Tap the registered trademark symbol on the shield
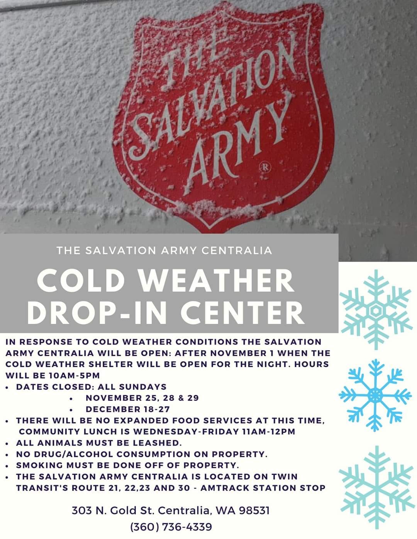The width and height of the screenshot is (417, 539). pyautogui.click(x=265, y=167)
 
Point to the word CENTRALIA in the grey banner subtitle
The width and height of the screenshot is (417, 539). pyautogui.click(x=237, y=251)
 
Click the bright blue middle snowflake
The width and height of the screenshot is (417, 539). pyautogui.click(x=375, y=396)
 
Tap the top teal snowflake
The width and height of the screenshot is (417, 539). pyautogui.click(x=376, y=310)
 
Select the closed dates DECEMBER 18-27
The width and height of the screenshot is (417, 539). pyautogui.click(x=128, y=409)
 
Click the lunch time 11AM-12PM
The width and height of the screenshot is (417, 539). pyautogui.click(x=269, y=431)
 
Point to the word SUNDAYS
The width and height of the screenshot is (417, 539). pyautogui.click(x=142, y=387)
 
